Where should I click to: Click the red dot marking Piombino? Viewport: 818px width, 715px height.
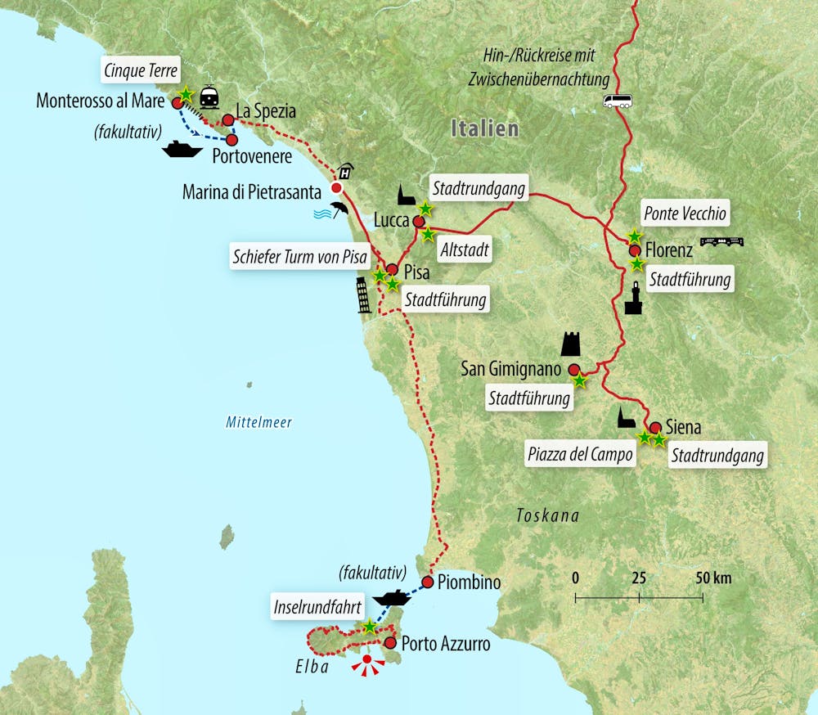(427, 582)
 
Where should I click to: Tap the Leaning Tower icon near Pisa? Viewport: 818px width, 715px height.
(363, 295)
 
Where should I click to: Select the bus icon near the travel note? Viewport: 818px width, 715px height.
(618, 101)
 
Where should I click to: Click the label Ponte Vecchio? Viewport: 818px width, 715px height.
(684, 214)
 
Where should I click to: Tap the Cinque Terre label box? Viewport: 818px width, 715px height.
(141, 70)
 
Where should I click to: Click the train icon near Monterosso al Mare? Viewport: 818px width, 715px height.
(209, 97)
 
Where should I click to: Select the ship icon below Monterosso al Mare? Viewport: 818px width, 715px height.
(182, 150)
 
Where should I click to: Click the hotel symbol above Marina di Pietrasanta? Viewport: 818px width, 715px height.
(346, 171)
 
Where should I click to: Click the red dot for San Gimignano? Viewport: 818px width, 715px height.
(574, 369)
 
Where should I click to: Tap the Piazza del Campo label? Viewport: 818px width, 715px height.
(581, 455)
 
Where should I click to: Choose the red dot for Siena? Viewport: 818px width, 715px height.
(655, 427)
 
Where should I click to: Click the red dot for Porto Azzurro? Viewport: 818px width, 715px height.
(390, 644)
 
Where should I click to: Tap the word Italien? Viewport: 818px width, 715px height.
(485, 128)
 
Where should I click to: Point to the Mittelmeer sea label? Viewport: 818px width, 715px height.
(258, 423)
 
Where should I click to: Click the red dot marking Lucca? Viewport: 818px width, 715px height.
(419, 222)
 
